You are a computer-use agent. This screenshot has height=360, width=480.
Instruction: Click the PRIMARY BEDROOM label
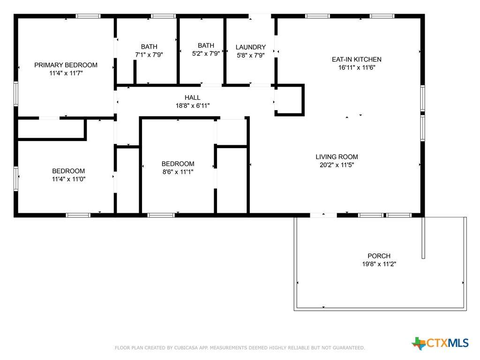(66, 65)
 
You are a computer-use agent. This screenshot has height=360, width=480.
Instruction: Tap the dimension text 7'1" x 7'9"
(149, 55)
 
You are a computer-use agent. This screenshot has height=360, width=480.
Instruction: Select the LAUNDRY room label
(251, 47)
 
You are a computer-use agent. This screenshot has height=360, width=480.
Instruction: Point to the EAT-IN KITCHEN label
(357, 60)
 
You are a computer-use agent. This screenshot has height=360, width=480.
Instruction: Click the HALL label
(193, 97)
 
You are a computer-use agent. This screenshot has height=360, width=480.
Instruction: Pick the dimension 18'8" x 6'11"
(193, 105)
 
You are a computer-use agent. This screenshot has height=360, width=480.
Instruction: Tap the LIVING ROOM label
(337, 157)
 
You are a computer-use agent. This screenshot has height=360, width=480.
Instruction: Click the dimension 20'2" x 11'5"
(337, 165)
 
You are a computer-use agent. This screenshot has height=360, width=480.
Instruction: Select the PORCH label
(379, 256)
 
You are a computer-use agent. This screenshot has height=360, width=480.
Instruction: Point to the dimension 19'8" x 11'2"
(379, 264)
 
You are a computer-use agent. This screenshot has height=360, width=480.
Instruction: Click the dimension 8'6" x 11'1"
(178, 172)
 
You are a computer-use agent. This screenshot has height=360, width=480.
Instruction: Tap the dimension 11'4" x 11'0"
(68, 179)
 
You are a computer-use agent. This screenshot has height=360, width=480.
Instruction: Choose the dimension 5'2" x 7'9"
(206, 53)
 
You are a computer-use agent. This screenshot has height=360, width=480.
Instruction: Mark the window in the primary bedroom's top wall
(88, 16)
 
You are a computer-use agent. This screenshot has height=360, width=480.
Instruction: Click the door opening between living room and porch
(323, 215)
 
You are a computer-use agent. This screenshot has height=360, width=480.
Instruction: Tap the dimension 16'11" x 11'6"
(357, 67)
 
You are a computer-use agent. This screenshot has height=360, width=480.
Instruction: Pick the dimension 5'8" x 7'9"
(251, 55)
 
